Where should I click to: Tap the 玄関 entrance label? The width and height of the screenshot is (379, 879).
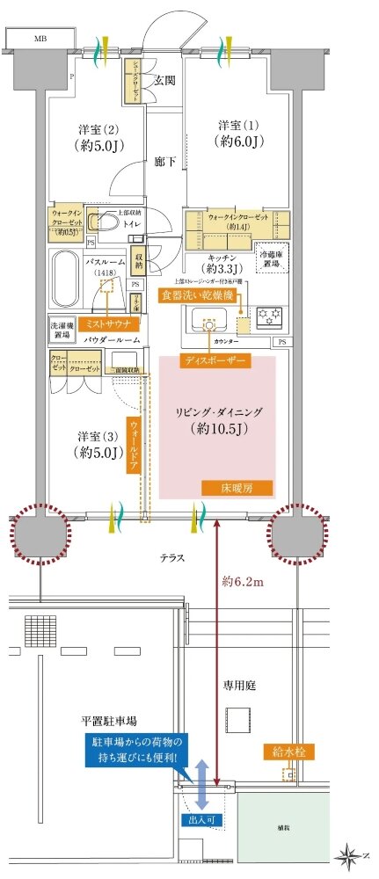[164, 80]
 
